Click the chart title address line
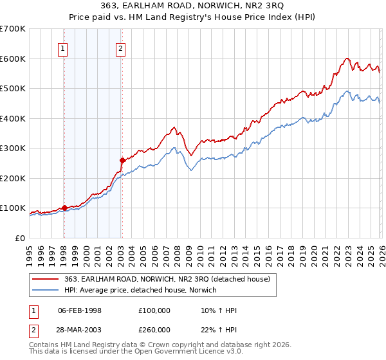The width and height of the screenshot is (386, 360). (193, 7)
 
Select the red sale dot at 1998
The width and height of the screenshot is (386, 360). (64, 208)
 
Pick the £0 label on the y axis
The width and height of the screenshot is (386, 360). (19, 238)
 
